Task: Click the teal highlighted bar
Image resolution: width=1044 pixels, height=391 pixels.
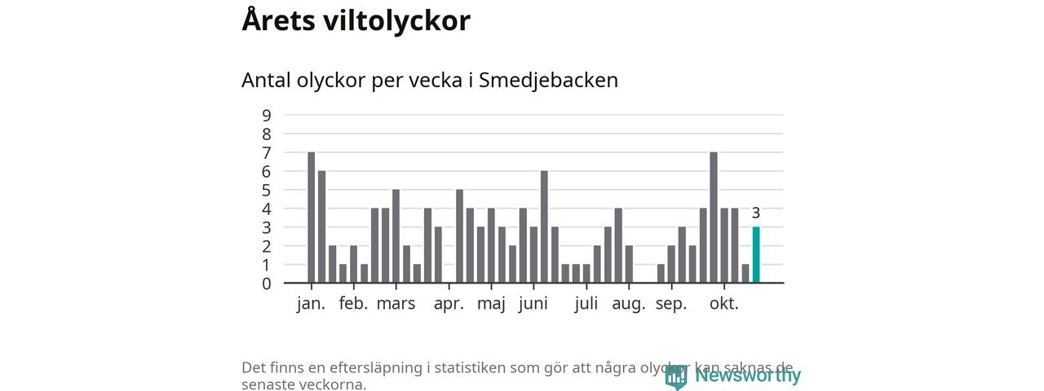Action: pos(756,255)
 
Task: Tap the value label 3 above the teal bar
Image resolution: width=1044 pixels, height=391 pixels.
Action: pos(756,213)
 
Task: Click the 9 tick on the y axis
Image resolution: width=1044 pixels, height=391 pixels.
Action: pos(267,115)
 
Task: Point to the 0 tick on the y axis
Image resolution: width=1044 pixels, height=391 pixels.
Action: pos(267,283)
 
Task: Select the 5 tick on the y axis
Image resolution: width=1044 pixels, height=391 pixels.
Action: pos(267,190)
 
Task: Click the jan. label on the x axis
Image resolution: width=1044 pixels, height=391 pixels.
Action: pos(311,304)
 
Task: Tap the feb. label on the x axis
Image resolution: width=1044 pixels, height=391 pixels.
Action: pos(353,304)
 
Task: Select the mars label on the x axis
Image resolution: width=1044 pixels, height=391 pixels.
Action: pos(396,304)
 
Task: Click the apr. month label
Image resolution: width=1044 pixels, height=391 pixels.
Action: pos(449,304)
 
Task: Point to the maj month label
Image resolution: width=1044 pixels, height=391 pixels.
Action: pos(491,304)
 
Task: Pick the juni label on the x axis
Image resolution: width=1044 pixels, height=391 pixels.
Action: pos(533,304)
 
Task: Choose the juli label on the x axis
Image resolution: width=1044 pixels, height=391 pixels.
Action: pos(586,304)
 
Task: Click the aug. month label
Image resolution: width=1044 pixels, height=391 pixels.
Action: pos(629,304)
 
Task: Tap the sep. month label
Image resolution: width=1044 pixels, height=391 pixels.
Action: pos(671,304)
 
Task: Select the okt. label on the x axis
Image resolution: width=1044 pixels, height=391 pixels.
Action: pos(723,304)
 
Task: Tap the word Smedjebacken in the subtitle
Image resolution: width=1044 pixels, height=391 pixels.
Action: pos(548,81)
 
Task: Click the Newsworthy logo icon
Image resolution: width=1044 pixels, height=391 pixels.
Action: pos(675,376)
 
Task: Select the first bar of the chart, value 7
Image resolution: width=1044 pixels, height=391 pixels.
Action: pos(311,217)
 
